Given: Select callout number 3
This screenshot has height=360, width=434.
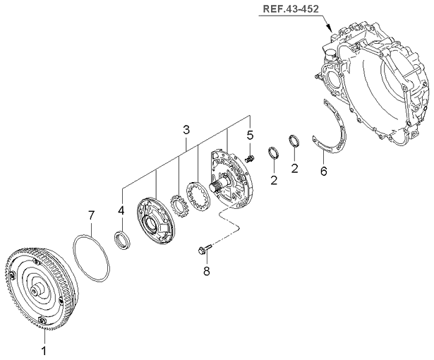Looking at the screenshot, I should (186, 129).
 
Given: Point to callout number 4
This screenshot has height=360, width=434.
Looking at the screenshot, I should (121, 210).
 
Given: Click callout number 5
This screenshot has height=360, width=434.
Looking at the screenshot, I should (249, 135).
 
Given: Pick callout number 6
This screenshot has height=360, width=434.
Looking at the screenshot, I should (323, 171).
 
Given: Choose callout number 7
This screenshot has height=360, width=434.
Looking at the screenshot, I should (90, 214).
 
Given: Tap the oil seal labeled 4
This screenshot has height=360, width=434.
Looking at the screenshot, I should (122, 239).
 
